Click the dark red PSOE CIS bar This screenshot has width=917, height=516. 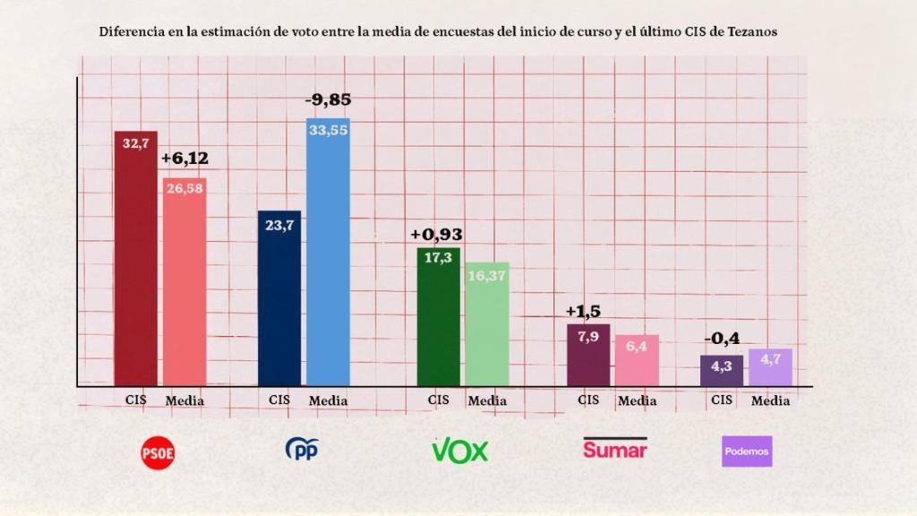[135, 260]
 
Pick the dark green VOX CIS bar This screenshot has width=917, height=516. [439, 318]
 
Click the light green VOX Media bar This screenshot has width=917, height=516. [487, 324]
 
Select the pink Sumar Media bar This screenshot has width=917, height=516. [637, 360]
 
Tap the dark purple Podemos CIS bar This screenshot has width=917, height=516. [722, 371]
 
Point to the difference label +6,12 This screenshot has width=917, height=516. [184, 159]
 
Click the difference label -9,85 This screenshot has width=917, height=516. [328, 100]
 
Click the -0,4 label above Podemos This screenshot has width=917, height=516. [721, 340]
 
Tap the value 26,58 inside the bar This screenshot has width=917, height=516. [184, 189]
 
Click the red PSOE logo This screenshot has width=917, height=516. [159, 452]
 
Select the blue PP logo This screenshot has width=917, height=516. [302, 448]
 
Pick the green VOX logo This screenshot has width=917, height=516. [460, 450]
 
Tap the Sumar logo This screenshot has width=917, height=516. [614, 448]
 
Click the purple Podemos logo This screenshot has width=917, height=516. [746, 451]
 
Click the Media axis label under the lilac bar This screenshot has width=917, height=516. [770, 400]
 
